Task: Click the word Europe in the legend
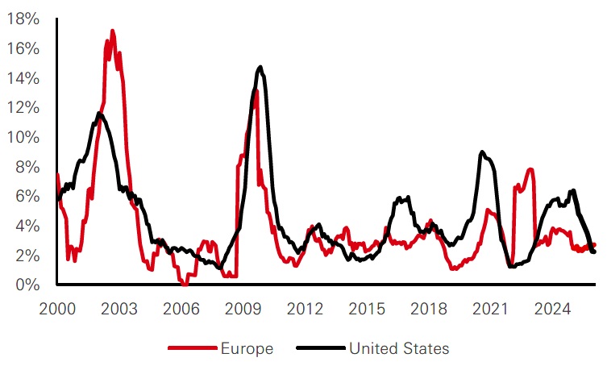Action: tap(247, 348)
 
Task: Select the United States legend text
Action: tap(398, 348)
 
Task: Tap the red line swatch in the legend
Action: tap(191, 348)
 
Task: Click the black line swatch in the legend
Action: tap(320, 348)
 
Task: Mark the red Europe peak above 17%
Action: tap(112, 31)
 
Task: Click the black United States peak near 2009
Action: tap(260, 67)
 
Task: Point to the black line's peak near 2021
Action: tap(481, 152)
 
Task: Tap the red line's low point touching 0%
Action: tap(185, 284)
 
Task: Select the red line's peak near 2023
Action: tap(530, 169)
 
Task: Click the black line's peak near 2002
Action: tap(99, 114)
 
